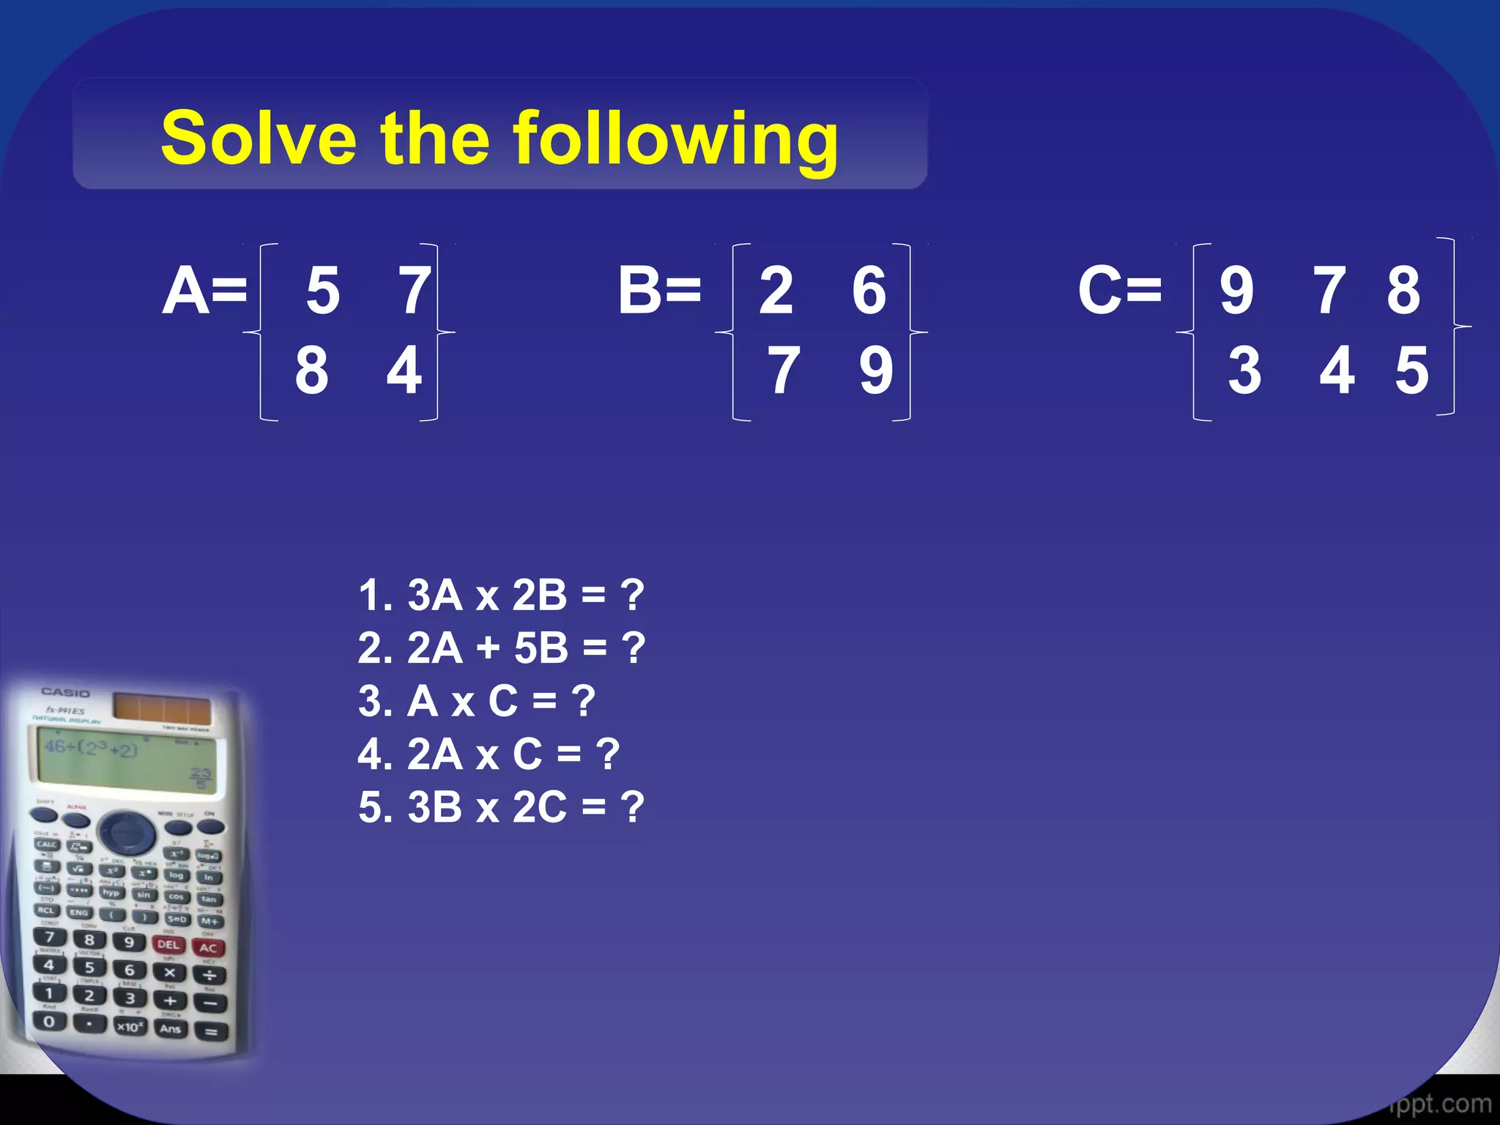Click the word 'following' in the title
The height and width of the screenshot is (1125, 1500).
click(675, 139)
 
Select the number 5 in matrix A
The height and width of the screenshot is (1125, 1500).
click(323, 291)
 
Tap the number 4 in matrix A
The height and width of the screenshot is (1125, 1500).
click(404, 371)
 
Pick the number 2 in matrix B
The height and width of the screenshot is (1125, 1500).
click(776, 291)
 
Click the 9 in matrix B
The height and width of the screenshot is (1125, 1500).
click(876, 371)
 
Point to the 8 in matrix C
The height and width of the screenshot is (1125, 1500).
click(1403, 291)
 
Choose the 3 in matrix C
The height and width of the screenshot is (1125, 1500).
click(1244, 371)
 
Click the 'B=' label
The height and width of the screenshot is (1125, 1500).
click(659, 291)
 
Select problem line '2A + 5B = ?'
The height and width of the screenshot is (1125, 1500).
click(501, 648)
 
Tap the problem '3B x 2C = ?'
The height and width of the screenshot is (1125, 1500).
click(501, 807)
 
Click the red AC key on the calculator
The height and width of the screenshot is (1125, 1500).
click(207, 947)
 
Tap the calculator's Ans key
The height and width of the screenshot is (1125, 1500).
click(170, 1028)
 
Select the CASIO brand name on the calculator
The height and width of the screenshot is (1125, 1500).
click(65, 692)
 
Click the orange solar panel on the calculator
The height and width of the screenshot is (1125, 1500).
click(162, 708)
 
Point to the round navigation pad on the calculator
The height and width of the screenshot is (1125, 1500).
click(127, 832)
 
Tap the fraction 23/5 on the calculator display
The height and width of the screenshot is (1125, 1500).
click(200, 778)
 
